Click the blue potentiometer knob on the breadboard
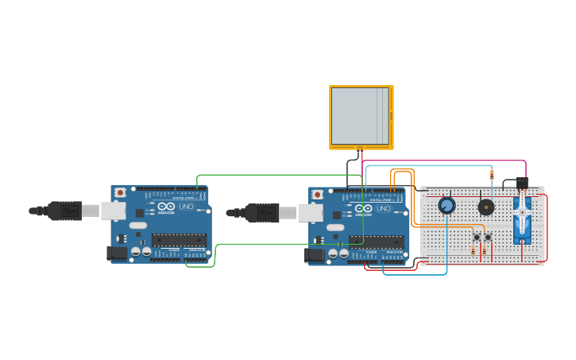click(446, 206)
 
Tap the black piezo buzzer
click(485, 207)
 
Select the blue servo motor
click(522, 223)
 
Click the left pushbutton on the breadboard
click(477, 237)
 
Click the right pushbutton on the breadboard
click(488, 237)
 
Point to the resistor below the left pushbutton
click(474, 250)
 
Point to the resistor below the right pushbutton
click(485, 250)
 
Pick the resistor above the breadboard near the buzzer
click(492, 175)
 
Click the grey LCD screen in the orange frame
click(360, 116)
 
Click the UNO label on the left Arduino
click(185, 207)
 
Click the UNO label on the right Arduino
click(383, 208)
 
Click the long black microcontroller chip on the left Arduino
click(179, 239)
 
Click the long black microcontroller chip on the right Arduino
click(376, 242)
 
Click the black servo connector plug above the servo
click(521, 183)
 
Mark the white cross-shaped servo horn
click(522, 213)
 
